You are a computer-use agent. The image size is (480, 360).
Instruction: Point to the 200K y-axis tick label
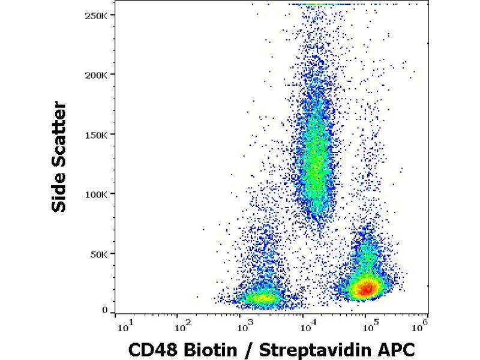pyautogui.click(x=97, y=75)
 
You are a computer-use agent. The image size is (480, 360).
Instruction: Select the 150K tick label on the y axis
pyautogui.click(x=97, y=134)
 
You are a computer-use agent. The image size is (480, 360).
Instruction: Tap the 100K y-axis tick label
pyautogui.click(x=97, y=194)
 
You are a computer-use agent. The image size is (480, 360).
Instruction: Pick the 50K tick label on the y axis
pyautogui.click(x=99, y=253)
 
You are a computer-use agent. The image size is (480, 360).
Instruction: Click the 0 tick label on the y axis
pyautogui.click(x=104, y=310)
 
